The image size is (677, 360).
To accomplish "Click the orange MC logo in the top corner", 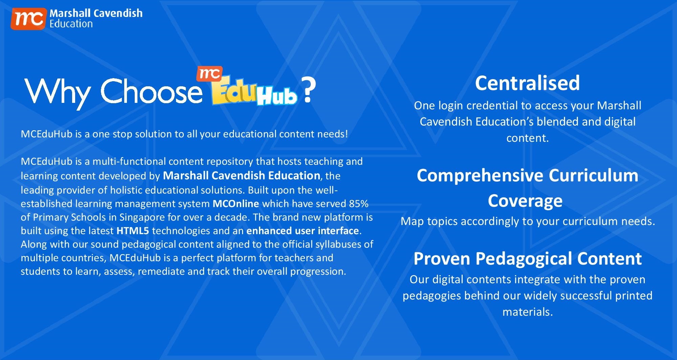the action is point(28,19).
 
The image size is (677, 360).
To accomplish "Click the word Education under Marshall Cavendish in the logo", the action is point(71,24).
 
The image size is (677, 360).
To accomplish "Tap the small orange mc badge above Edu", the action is point(210,74).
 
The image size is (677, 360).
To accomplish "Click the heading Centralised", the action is point(527,83).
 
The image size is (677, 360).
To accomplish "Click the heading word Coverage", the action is point(525,201).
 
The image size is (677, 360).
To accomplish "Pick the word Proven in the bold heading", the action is point(442,259).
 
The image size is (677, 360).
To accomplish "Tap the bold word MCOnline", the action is point(236,204).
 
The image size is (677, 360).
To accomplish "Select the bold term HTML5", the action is point(133,231).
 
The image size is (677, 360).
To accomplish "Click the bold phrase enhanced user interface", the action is point(303,231).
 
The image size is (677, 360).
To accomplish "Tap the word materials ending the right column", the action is point(527,312).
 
